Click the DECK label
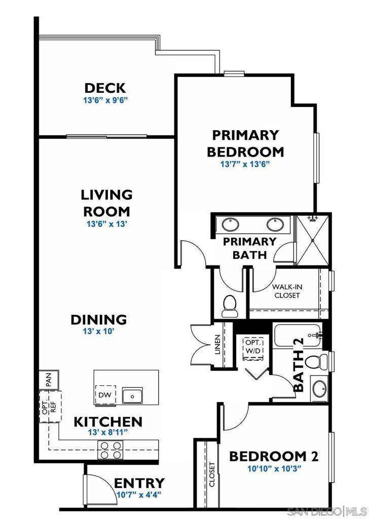coord(105,88)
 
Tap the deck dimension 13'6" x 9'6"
coord(105,100)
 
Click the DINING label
coord(98,320)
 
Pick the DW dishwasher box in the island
coord(105,395)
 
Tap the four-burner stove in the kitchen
coord(111,450)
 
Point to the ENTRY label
coord(139,483)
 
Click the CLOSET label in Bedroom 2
coord(212,474)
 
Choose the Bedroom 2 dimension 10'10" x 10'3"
coord(273,469)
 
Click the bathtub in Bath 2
coord(298,336)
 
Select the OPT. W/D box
coord(253,347)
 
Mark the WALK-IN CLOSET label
coord(287,291)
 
